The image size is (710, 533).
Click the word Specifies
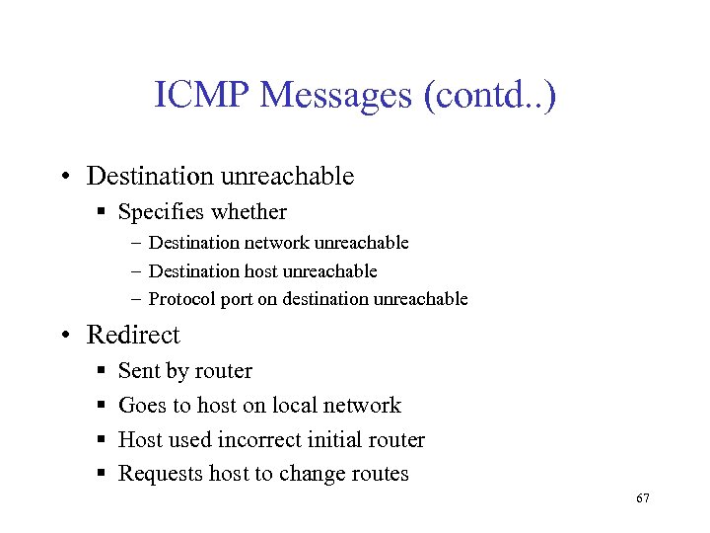(x=158, y=212)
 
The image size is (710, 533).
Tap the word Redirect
(x=133, y=335)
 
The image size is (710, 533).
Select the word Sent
(x=136, y=371)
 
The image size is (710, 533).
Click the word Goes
(x=140, y=406)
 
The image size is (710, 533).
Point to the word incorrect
(x=259, y=440)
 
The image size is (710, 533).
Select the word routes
(x=379, y=475)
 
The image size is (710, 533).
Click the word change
(x=311, y=475)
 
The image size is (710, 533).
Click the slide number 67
(x=643, y=499)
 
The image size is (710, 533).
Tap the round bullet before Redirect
(x=64, y=336)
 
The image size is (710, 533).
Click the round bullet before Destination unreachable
(x=64, y=178)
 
